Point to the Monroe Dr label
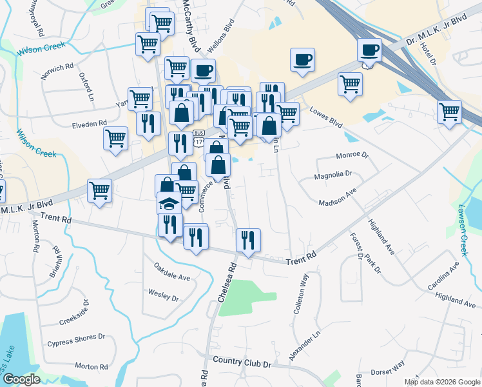tap(352, 155)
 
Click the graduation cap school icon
tap(169, 204)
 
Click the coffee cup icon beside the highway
tap(369, 50)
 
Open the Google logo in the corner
tap(21, 380)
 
